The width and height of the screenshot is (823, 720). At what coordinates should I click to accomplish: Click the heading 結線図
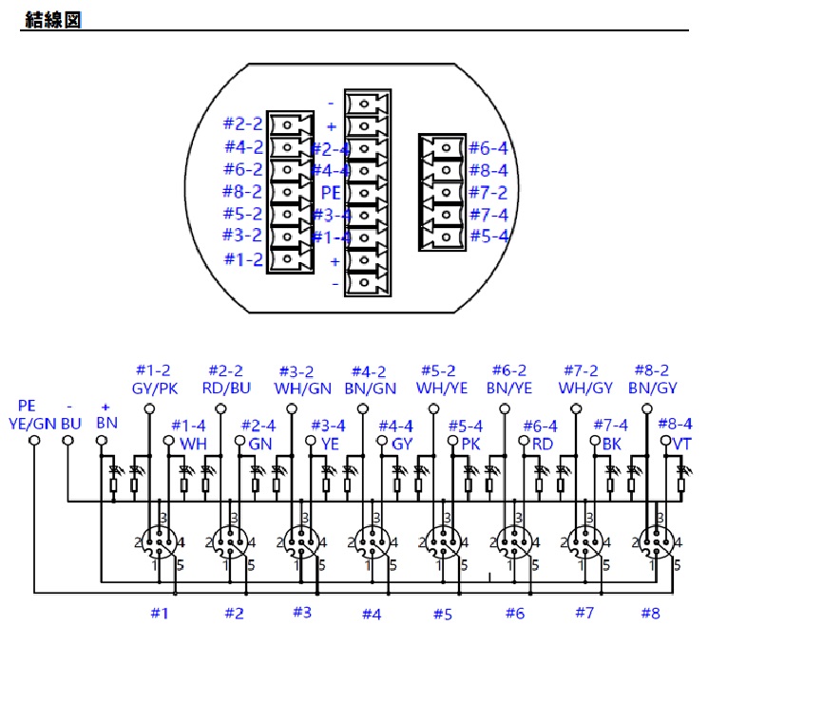point(51,20)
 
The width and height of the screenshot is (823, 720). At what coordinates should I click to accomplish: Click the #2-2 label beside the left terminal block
point(242,124)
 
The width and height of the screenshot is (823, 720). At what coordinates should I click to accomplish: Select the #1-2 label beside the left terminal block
point(243,258)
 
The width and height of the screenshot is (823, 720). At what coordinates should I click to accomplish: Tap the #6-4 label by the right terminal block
point(488,148)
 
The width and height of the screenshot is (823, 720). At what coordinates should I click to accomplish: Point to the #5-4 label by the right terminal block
point(488,237)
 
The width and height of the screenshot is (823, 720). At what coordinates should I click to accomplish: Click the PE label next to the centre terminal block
point(332,193)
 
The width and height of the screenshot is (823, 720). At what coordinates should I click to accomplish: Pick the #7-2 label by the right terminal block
point(488,193)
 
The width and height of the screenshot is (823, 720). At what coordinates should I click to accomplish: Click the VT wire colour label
point(681,443)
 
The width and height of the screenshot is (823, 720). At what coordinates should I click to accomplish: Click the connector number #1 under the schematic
point(160,613)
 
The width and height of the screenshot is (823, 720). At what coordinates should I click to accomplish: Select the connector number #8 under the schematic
point(650,613)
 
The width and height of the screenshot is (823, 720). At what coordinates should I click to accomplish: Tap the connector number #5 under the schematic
point(443,614)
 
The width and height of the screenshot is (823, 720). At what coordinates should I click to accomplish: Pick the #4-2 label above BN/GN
point(368,370)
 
